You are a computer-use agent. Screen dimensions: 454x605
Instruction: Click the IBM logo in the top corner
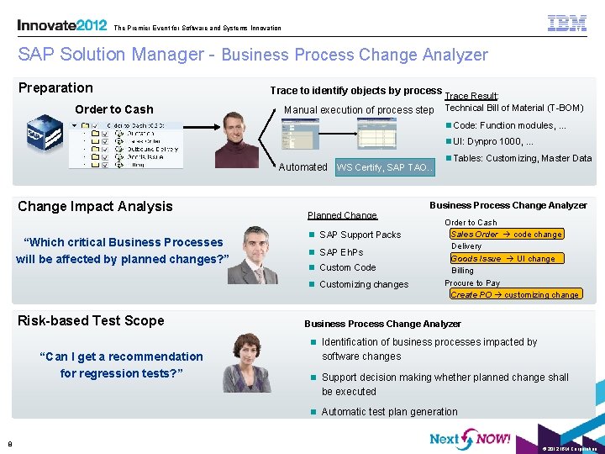click(567, 23)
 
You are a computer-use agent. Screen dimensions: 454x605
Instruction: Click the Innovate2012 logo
click(61, 25)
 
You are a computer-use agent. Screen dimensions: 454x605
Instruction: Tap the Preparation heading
click(55, 87)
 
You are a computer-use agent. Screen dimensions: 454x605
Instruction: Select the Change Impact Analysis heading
click(95, 206)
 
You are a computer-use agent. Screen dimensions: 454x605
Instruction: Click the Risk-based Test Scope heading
click(91, 319)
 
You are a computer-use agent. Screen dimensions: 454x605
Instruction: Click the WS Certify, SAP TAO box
click(385, 167)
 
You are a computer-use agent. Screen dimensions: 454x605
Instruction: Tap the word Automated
click(302, 167)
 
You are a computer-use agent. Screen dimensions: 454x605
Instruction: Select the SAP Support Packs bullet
click(360, 235)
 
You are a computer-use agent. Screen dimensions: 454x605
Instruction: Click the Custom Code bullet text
click(347, 267)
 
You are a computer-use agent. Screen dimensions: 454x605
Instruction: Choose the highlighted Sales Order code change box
click(506, 234)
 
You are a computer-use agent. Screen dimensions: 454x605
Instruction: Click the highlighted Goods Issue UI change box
click(503, 258)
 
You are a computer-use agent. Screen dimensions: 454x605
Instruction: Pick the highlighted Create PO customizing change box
click(514, 294)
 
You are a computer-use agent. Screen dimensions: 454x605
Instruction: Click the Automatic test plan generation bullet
click(389, 412)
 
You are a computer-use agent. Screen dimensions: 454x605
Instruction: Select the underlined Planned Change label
click(342, 215)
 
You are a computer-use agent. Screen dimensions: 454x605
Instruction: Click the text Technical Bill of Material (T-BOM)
click(513, 108)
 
